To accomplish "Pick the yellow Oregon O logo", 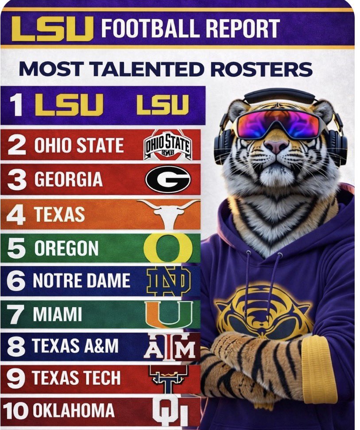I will pyautogui.click(x=168, y=247).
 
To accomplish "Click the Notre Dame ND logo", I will pyautogui.click(x=168, y=281).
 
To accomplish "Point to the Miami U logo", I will pyautogui.click(x=169, y=313).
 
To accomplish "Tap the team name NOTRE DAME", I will pyautogui.click(x=81, y=281).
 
